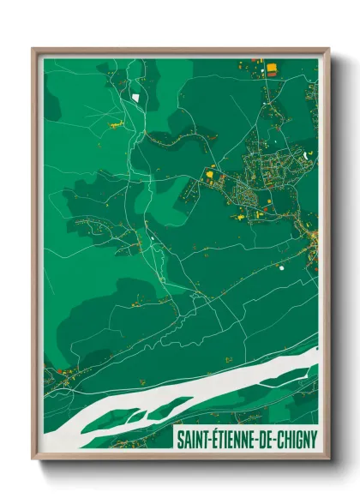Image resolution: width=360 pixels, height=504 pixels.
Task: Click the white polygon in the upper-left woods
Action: [135, 97]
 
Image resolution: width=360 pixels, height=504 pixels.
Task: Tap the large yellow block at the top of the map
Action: [273, 65]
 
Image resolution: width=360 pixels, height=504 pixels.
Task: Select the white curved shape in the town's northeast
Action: [304, 154]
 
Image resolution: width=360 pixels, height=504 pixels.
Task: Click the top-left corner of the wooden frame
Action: [33, 49]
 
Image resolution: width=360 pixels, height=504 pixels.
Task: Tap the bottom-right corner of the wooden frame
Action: [328, 459]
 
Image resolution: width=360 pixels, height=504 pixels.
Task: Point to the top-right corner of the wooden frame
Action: [328, 49]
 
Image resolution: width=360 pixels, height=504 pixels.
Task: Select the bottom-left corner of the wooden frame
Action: [33, 459]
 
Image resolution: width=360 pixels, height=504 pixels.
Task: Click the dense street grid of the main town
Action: [257, 180]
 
